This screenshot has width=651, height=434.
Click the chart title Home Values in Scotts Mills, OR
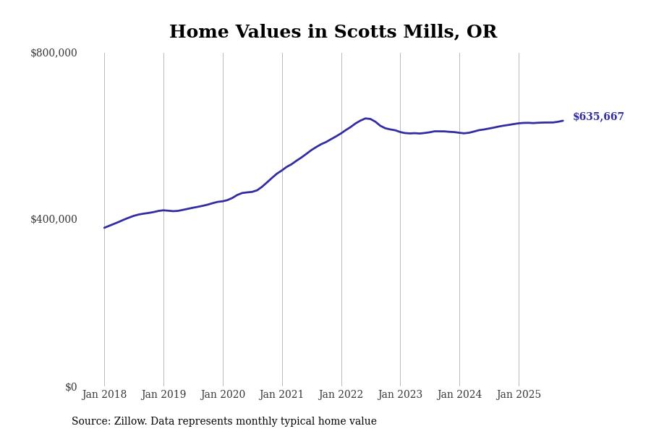pyautogui.click(x=333, y=33)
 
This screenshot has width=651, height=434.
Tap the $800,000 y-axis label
pyautogui.click(x=54, y=53)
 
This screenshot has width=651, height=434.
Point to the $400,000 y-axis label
pyautogui.click(x=54, y=219)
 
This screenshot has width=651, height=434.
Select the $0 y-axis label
pyautogui.click(x=71, y=387)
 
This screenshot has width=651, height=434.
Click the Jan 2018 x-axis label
pyautogui.click(x=104, y=394)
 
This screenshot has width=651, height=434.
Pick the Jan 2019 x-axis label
pyautogui.click(x=163, y=394)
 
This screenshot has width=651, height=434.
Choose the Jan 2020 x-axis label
pyautogui.click(x=223, y=394)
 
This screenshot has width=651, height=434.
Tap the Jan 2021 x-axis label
pyautogui.click(x=282, y=394)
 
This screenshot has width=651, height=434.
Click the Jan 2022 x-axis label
pyautogui.click(x=341, y=394)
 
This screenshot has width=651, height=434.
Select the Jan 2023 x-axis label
pyautogui.click(x=400, y=394)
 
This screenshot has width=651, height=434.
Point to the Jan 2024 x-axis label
pyautogui.click(x=459, y=394)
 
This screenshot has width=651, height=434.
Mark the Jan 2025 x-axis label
pyautogui.click(x=519, y=394)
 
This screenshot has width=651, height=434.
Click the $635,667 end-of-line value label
pyautogui.click(x=598, y=116)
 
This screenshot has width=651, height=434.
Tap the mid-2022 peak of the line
pyautogui.click(x=366, y=118)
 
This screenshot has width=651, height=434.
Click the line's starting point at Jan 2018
pyautogui.click(x=104, y=228)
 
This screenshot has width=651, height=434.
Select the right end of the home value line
pyautogui.click(x=563, y=121)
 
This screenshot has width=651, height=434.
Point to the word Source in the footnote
pyautogui.click(x=90, y=422)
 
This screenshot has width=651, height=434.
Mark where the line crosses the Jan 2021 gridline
pyautogui.click(x=282, y=170)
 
